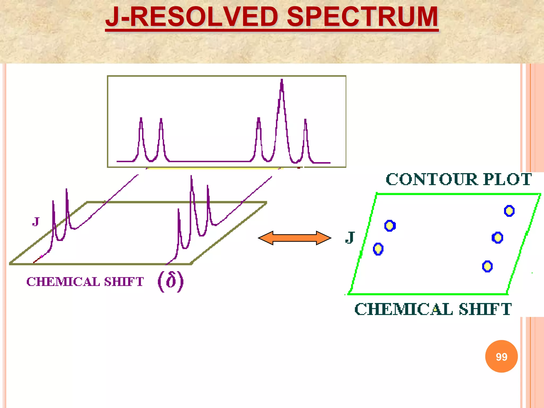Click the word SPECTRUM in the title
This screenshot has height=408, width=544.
[362, 17]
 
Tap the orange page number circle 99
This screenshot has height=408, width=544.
[501, 356]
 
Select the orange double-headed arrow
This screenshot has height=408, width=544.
[295, 238]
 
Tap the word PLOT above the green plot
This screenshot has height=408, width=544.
[507, 179]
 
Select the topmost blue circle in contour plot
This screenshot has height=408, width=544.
[509, 211]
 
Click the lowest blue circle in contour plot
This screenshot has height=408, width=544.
[487, 266]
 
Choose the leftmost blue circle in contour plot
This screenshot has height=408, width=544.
[378, 249]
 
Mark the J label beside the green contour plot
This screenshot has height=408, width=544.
[350, 237]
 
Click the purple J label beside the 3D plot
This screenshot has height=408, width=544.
[36, 221]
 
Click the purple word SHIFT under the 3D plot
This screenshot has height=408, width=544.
[124, 282]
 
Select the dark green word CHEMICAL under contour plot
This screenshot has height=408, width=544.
[404, 309]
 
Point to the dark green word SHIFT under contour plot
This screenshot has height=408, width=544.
[485, 309]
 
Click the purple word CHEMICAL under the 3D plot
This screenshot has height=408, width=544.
[63, 282]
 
